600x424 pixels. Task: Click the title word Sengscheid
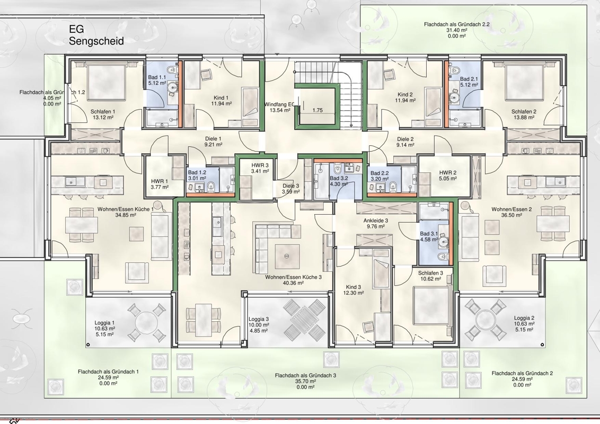click(96, 41)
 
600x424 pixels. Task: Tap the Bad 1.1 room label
click(157, 77)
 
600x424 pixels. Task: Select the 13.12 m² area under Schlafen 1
click(103, 118)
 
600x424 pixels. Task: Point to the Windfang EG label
click(279, 104)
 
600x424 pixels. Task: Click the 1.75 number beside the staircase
click(317, 110)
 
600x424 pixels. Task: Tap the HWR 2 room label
click(448, 173)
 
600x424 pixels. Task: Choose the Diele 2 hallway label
click(405, 139)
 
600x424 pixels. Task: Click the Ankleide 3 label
click(376, 220)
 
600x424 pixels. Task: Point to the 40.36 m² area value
click(293, 283)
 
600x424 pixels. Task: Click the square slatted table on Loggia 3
click(305, 319)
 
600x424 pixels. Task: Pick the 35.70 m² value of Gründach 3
click(305, 381)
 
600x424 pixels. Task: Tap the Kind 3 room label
click(353, 287)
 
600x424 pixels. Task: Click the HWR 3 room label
click(260, 165)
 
